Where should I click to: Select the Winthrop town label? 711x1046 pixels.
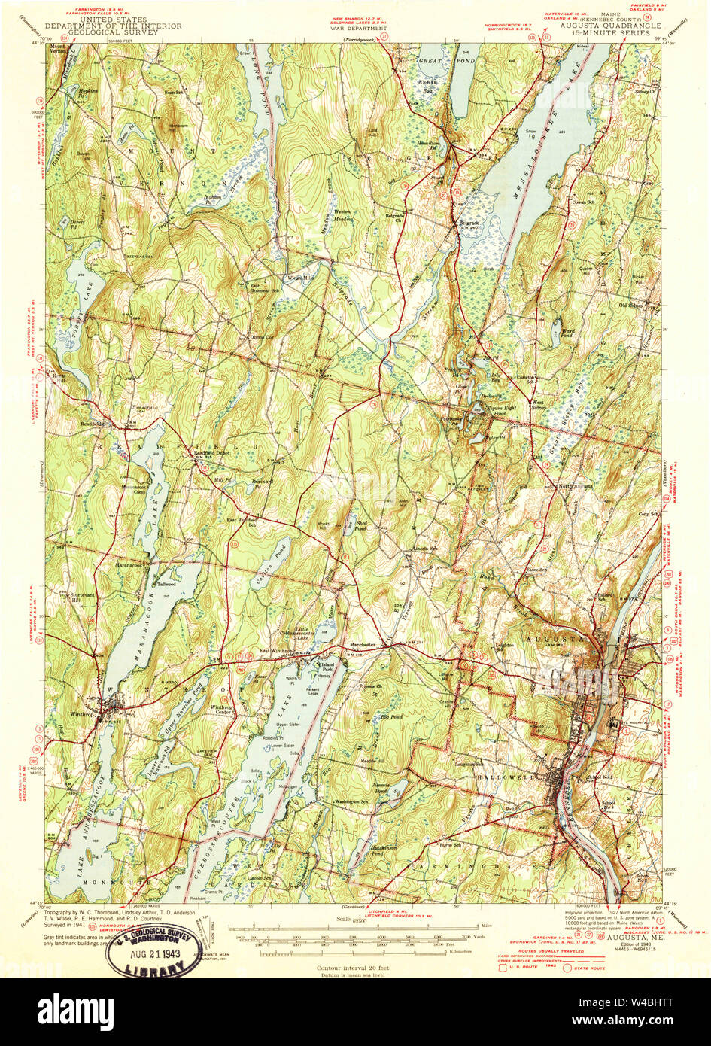pos(96,715)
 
